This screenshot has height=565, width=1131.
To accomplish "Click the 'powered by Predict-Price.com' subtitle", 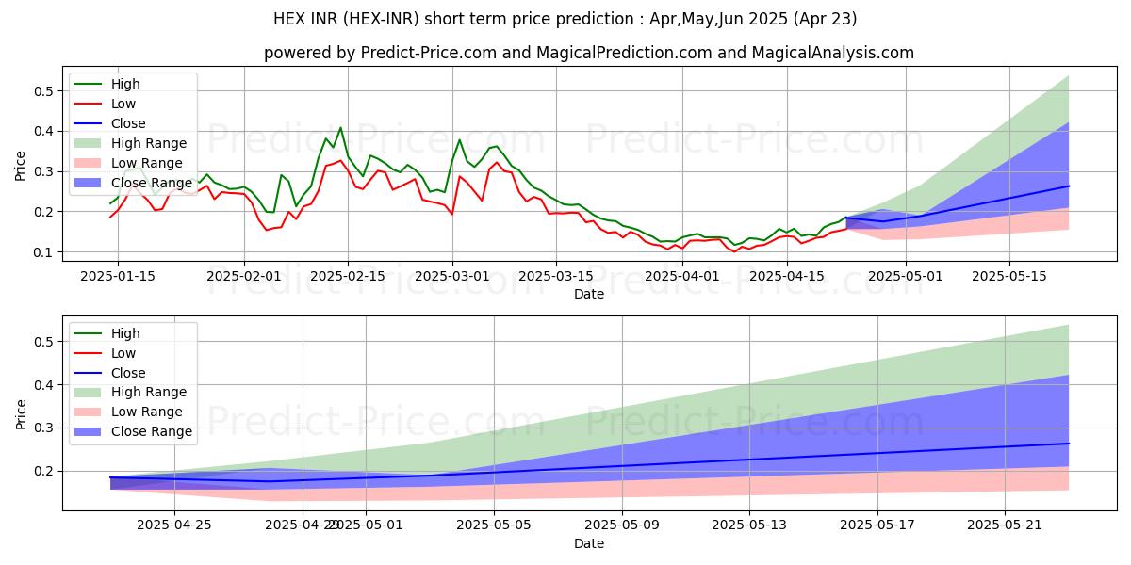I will coord(588,53).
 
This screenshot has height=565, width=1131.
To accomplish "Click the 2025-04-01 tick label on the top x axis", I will coord(682,276).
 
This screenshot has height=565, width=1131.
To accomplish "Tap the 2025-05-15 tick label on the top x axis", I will coord(1009,276).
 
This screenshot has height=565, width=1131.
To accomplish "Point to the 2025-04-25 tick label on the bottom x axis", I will coord(174,525).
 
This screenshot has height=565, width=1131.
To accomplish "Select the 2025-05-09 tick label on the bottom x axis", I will coord(622,525).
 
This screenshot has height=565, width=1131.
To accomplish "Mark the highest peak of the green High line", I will coord(340,128).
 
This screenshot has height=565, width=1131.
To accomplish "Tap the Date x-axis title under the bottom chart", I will coord(588,543).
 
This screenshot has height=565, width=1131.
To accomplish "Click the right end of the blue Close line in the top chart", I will coord(1069,186).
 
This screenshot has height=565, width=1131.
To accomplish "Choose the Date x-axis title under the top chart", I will coord(588,294).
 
